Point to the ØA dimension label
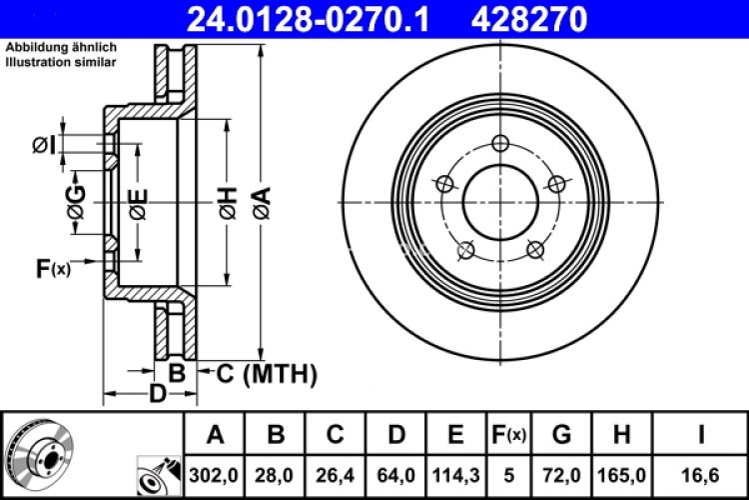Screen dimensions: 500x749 tap(261, 204)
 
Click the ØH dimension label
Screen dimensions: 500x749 tap(229, 204)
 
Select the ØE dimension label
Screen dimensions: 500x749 tap(139, 204)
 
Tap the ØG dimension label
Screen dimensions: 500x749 tap(76, 204)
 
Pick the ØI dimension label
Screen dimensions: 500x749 tap(43, 147)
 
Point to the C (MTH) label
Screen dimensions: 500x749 tap(267, 374)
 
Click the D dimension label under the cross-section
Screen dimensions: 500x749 tap(156, 393)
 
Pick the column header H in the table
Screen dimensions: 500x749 tap(621, 435)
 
